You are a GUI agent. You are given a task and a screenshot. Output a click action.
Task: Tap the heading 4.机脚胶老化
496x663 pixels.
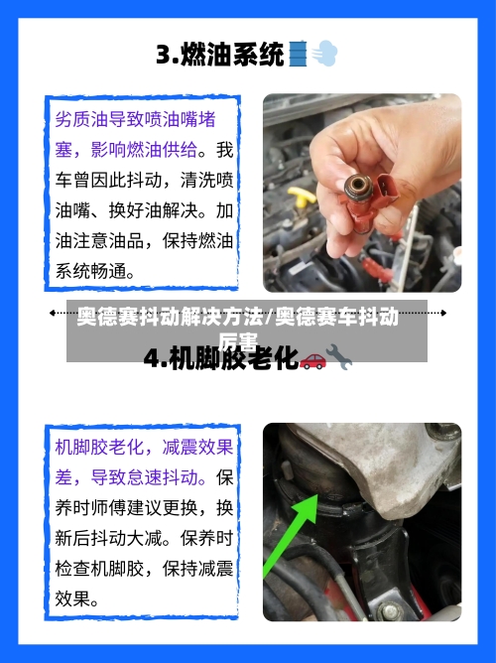click(220, 358)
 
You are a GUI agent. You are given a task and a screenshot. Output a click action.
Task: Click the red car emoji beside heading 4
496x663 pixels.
click(311, 359)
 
